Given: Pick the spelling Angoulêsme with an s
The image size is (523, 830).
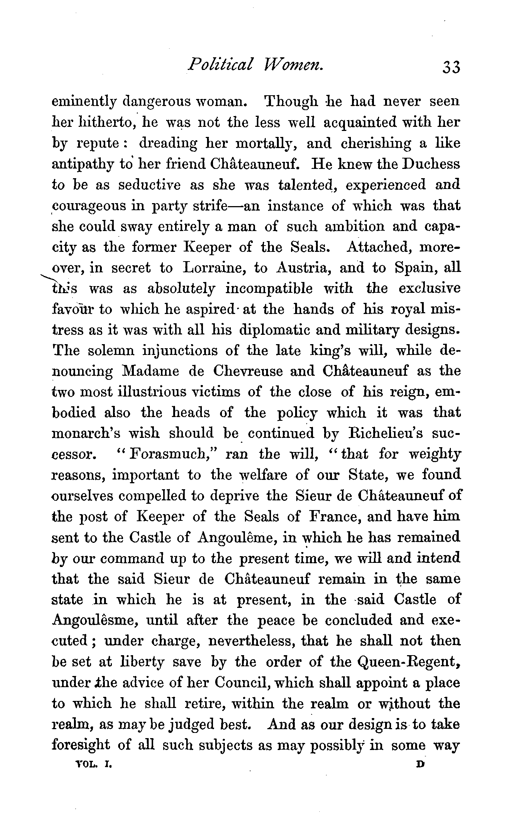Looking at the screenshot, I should pos(93,620).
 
